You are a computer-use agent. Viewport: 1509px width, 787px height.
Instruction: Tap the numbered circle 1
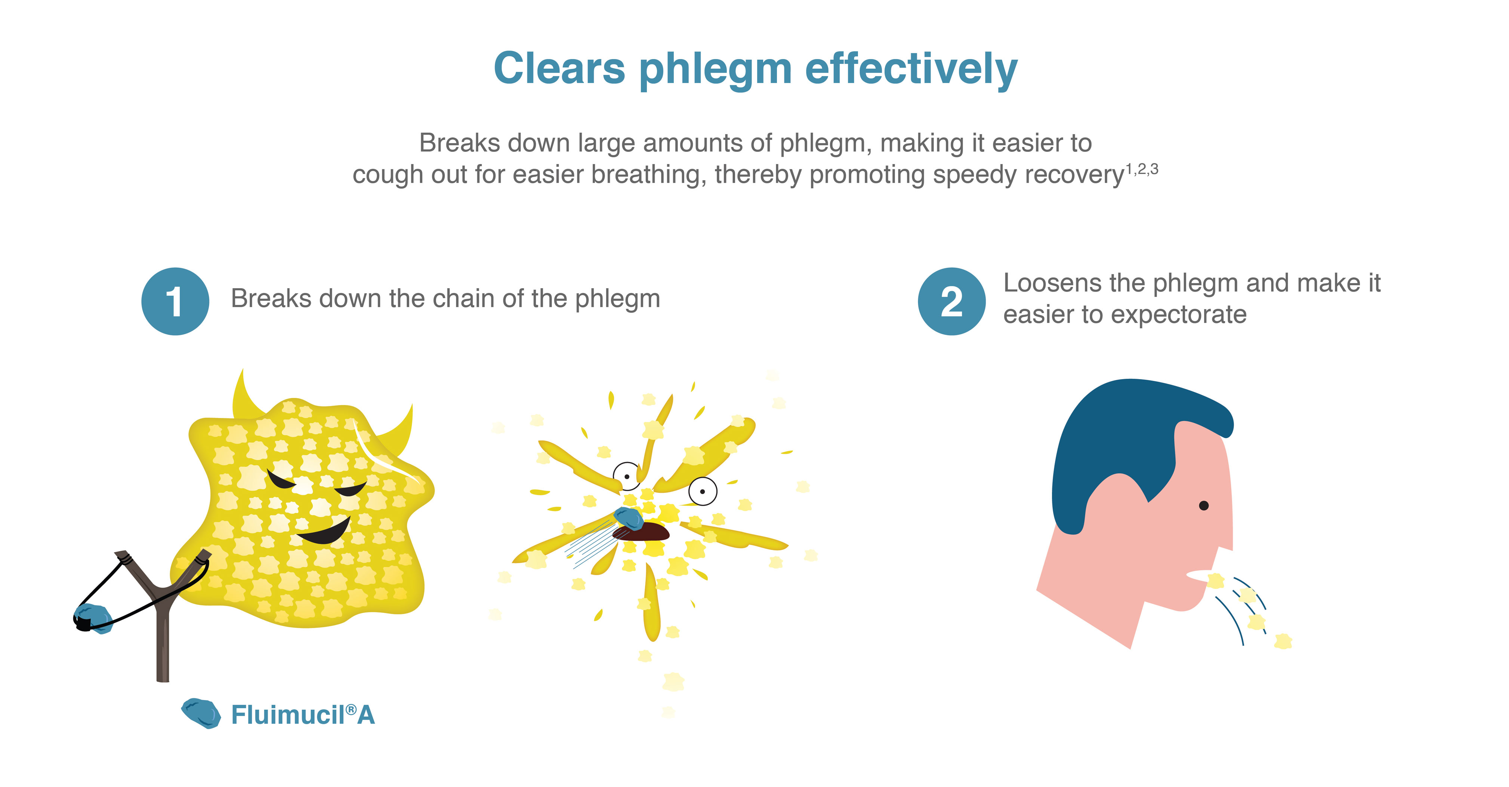tap(175, 301)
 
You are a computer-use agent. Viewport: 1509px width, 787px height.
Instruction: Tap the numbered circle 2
tap(951, 301)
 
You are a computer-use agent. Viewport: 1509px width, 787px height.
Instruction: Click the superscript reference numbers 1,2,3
tap(1142, 169)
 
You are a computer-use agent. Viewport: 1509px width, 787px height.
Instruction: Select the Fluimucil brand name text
tap(303, 714)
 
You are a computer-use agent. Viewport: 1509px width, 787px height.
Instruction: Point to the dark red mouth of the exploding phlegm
tap(641, 532)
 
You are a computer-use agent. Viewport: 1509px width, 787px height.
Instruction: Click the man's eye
tap(1204, 505)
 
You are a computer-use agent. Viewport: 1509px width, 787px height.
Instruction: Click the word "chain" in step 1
tap(489, 298)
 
